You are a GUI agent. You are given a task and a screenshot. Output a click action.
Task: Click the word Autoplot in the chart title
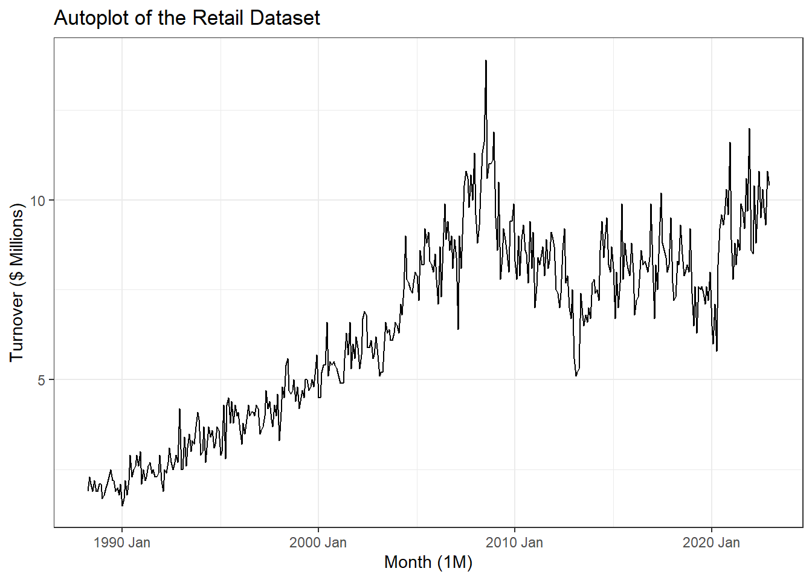(91, 18)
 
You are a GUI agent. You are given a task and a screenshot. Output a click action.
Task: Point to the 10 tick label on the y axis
(37, 201)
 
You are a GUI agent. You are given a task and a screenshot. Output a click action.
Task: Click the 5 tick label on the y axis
(42, 380)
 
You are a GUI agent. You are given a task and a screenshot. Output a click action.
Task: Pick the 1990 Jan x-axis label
(122, 543)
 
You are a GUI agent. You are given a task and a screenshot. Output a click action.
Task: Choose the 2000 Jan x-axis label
(318, 543)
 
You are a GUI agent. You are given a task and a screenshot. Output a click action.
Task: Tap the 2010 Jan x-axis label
(514, 543)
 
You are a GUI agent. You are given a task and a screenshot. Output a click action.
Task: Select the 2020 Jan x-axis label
(711, 543)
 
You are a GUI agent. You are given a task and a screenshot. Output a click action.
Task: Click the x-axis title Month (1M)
(428, 562)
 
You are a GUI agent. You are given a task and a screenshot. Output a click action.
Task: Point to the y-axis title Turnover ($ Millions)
(17, 282)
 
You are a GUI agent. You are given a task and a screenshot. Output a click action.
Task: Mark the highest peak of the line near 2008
(486, 61)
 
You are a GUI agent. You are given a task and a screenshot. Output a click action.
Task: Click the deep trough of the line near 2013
(576, 375)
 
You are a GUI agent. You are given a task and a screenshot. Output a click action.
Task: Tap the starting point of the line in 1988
(88, 489)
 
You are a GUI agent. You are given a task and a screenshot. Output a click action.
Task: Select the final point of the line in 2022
(769, 184)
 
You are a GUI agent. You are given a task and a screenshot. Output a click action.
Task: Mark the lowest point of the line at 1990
(122, 505)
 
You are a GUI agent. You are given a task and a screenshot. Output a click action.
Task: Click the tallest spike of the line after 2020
(749, 129)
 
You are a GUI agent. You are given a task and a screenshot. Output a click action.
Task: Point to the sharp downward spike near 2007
(459, 329)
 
